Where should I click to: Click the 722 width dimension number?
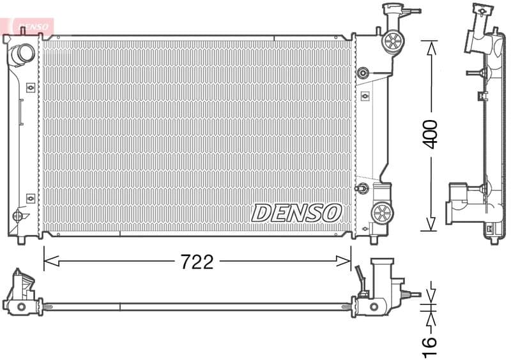click(197, 262)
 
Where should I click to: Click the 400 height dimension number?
click(431, 133)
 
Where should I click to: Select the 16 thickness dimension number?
click(431, 344)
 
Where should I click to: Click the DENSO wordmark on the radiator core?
click(296, 213)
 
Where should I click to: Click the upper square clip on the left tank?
click(30, 87)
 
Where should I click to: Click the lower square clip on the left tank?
click(30, 199)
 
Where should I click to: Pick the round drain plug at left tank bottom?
click(17, 216)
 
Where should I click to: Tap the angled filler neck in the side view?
click(477, 29)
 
